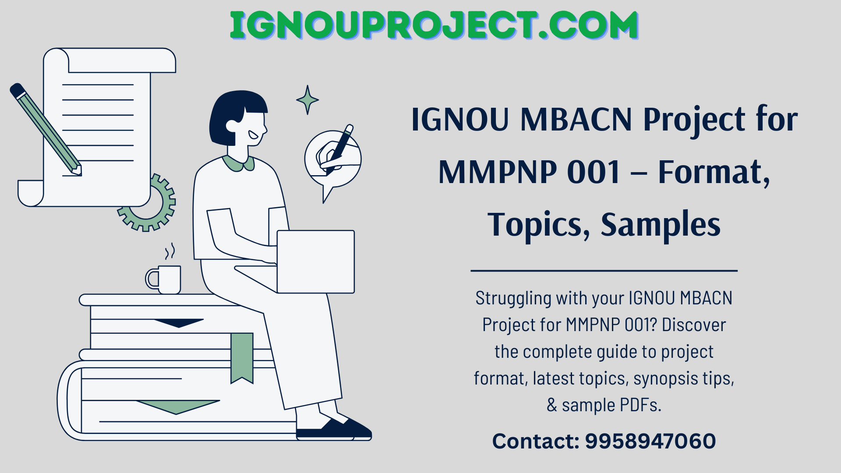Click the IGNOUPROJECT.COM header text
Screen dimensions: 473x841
434,25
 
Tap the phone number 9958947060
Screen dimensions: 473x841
650,441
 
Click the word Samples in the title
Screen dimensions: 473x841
660,224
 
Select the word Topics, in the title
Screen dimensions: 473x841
539,224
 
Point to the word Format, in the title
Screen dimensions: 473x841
714,172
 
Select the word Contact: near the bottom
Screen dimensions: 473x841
535,441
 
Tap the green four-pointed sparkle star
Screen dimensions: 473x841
307,100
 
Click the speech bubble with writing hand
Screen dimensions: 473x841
333,158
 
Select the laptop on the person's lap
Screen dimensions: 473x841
315,261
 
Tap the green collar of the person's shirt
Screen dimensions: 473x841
238,163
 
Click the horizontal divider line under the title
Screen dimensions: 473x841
604,271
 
